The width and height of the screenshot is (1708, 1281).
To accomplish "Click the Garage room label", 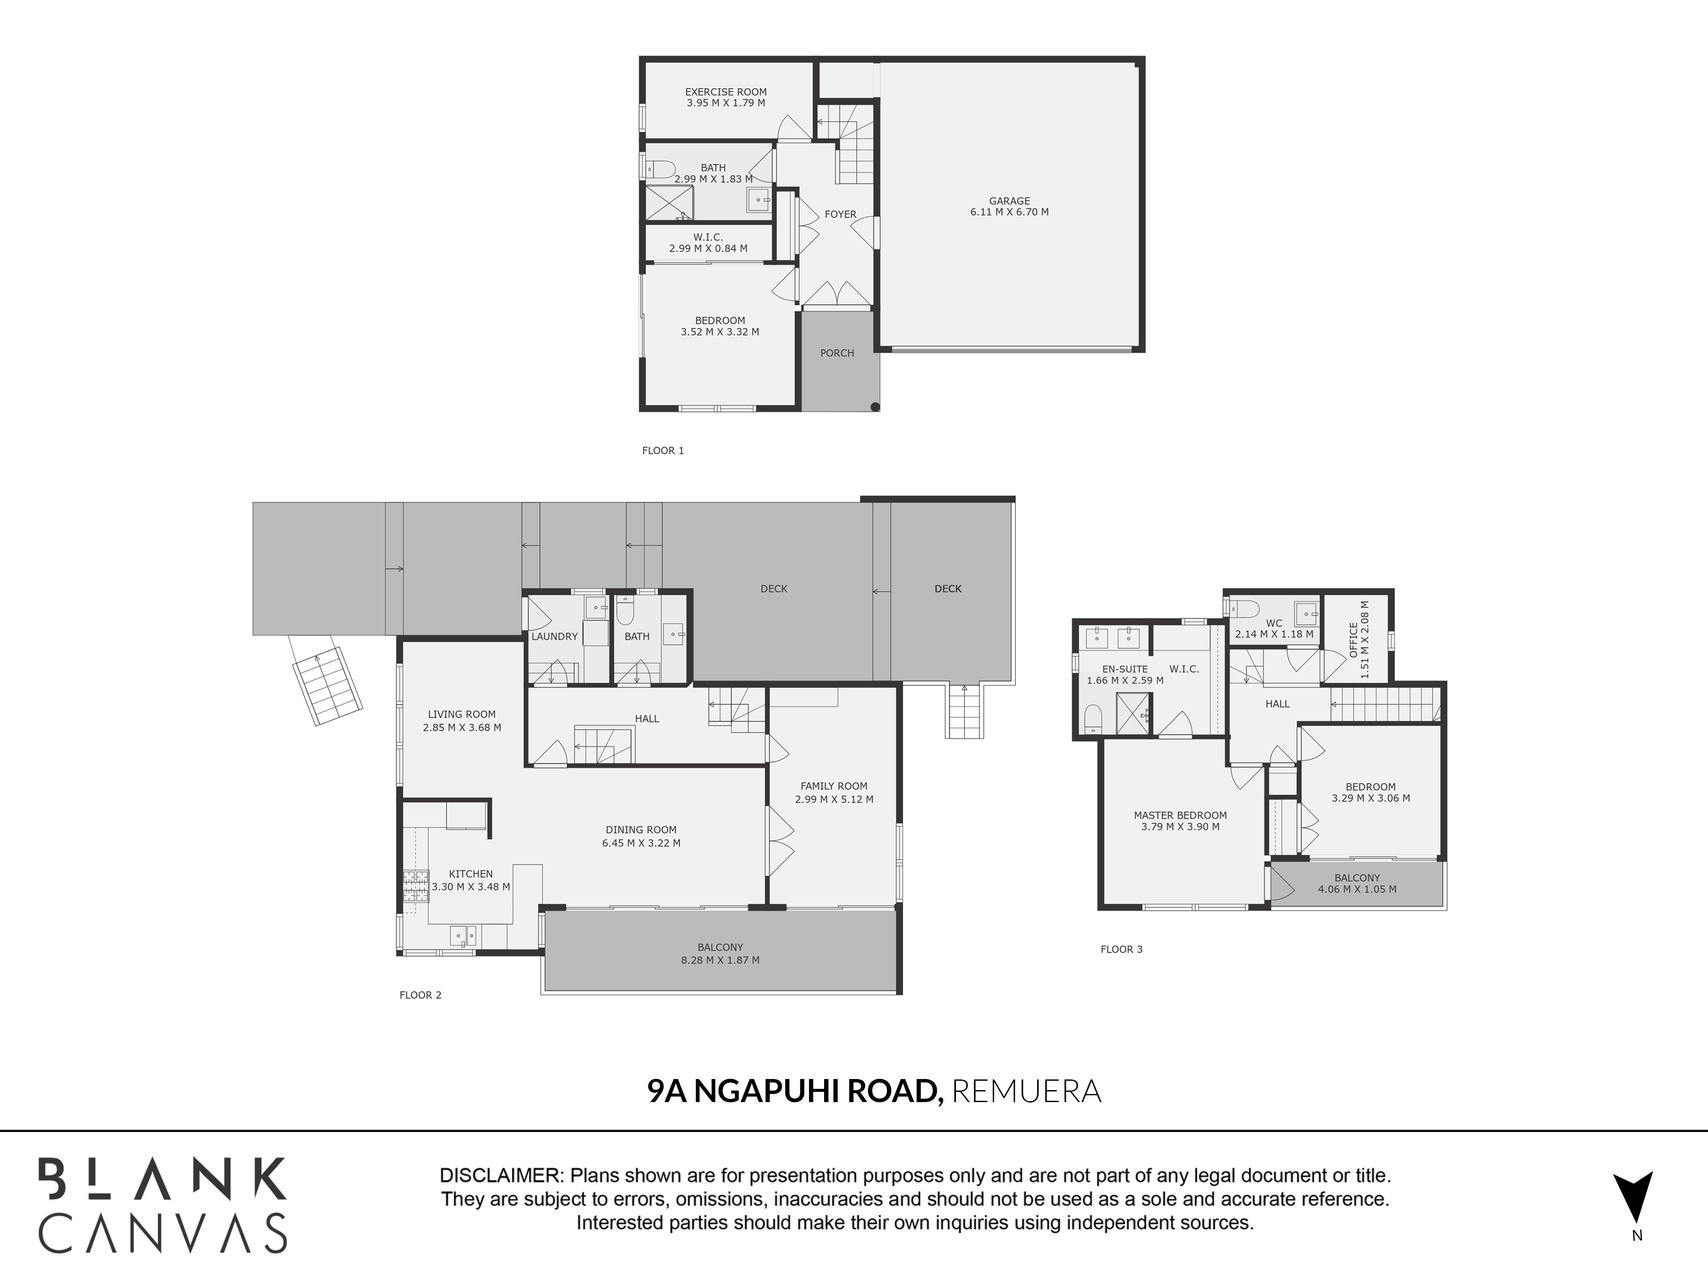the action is pos(1009,201).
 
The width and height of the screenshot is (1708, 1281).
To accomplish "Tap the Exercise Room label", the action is pos(726,92).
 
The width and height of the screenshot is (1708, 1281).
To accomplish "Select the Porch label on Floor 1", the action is pos(837,353).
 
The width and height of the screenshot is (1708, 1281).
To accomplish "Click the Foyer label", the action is pos(840,215).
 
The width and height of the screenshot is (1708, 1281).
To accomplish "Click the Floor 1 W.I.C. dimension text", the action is pos(708,249).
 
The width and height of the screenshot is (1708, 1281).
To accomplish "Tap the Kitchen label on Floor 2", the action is pos(470,874).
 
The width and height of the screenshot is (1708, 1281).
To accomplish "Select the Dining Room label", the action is pos(641,830).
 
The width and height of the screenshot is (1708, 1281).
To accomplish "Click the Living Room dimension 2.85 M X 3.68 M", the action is pos(462,727).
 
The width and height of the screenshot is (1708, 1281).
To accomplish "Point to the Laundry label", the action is pos(554,636).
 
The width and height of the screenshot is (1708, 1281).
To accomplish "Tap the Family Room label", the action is pos(834,786).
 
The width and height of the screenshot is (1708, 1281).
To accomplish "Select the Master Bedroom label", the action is pos(1180,816).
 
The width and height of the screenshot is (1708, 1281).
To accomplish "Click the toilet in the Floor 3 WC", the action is pos(1243,608).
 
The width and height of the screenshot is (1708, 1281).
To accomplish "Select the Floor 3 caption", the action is pos(1121,949).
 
